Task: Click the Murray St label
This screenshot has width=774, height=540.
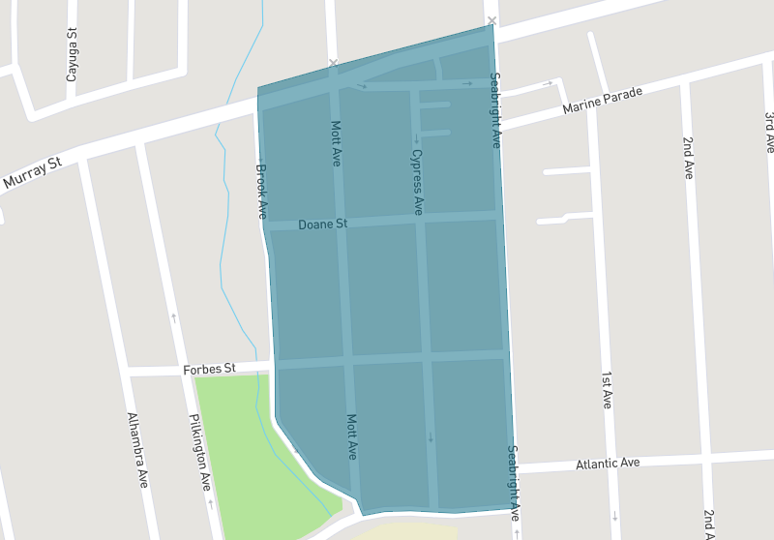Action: click(31, 174)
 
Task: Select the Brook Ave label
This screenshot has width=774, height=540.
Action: click(261, 189)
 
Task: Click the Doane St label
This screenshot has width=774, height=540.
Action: click(322, 225)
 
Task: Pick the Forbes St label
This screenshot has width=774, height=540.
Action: click(209, 369)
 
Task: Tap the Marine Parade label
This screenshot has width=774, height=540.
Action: click(602, 98)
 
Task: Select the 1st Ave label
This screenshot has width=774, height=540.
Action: click(607, 389)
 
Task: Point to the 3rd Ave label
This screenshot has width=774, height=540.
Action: click(769, 132)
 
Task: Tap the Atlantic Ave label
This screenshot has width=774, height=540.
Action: click(608, 464)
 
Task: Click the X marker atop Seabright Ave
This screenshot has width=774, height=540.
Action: click(492, 20)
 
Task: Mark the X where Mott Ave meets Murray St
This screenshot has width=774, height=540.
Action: click(333, 64)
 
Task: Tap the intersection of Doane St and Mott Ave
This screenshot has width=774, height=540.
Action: click(342, 224)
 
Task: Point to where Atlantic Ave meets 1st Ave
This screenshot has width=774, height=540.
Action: click(610, 464)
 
